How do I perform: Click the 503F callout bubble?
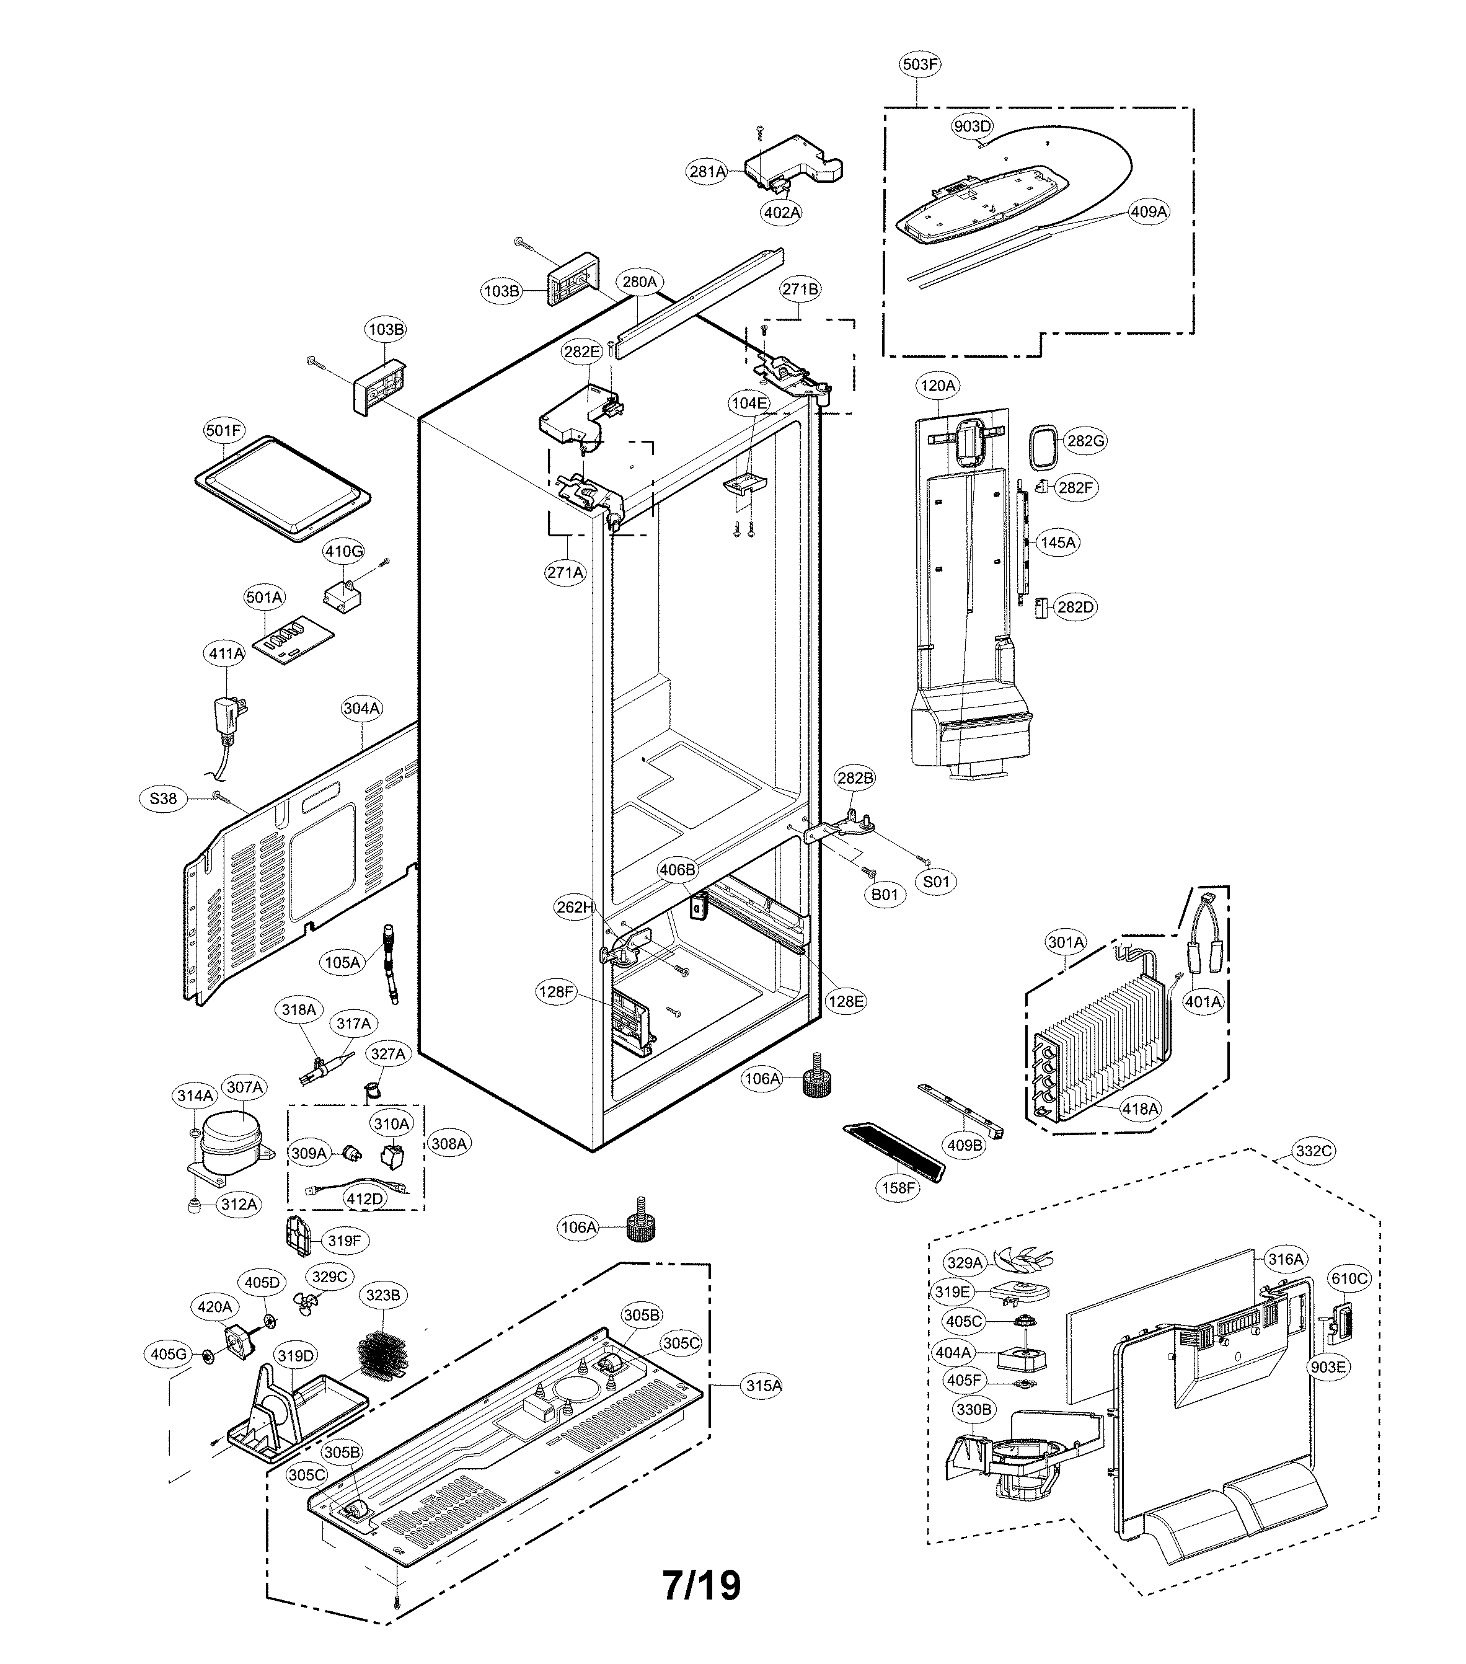click(x=920, y=63)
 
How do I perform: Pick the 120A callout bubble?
click(x=938, y=385)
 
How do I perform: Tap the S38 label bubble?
click(x=163, y=799)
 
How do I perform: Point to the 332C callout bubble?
click(x=1314, y=1150)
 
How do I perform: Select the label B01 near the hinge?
click(x=885, y=895)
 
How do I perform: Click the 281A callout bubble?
click(x=707, y=171)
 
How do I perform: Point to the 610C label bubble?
click(x=1349, y=1279)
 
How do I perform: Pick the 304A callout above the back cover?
click(x=361, y=708)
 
